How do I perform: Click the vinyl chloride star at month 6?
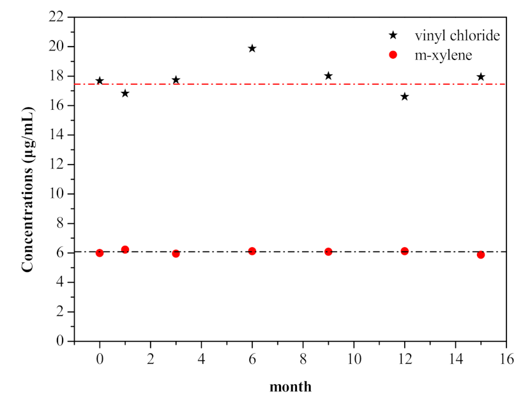(x=252, y=49)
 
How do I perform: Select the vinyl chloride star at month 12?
(x=404, y=96)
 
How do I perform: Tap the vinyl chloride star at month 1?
(x=125, y=93)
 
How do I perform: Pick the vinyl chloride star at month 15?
(x=481, y=77)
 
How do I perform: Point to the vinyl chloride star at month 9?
(x=328, y=76)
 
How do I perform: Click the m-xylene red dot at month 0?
(x=100, y=253)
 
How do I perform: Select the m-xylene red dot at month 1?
(x=125, y=250)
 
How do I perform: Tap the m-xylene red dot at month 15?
(x=481, y=255)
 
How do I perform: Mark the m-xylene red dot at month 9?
(x=328, y=252)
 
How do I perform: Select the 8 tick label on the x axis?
(x=303, y=357)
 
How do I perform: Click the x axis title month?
(x=291, y=386)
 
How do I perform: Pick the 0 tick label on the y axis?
(x=62, y=342)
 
